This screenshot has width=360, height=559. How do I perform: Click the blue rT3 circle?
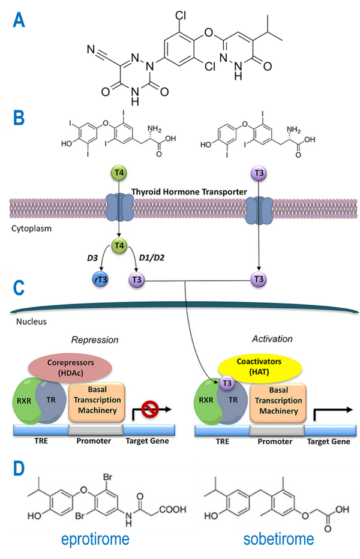click(99, 279)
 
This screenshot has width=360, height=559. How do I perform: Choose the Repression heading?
click(94, 339)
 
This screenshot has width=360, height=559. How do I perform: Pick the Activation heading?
click(273, 339)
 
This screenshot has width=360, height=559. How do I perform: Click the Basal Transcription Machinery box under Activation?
click(275, 402)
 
